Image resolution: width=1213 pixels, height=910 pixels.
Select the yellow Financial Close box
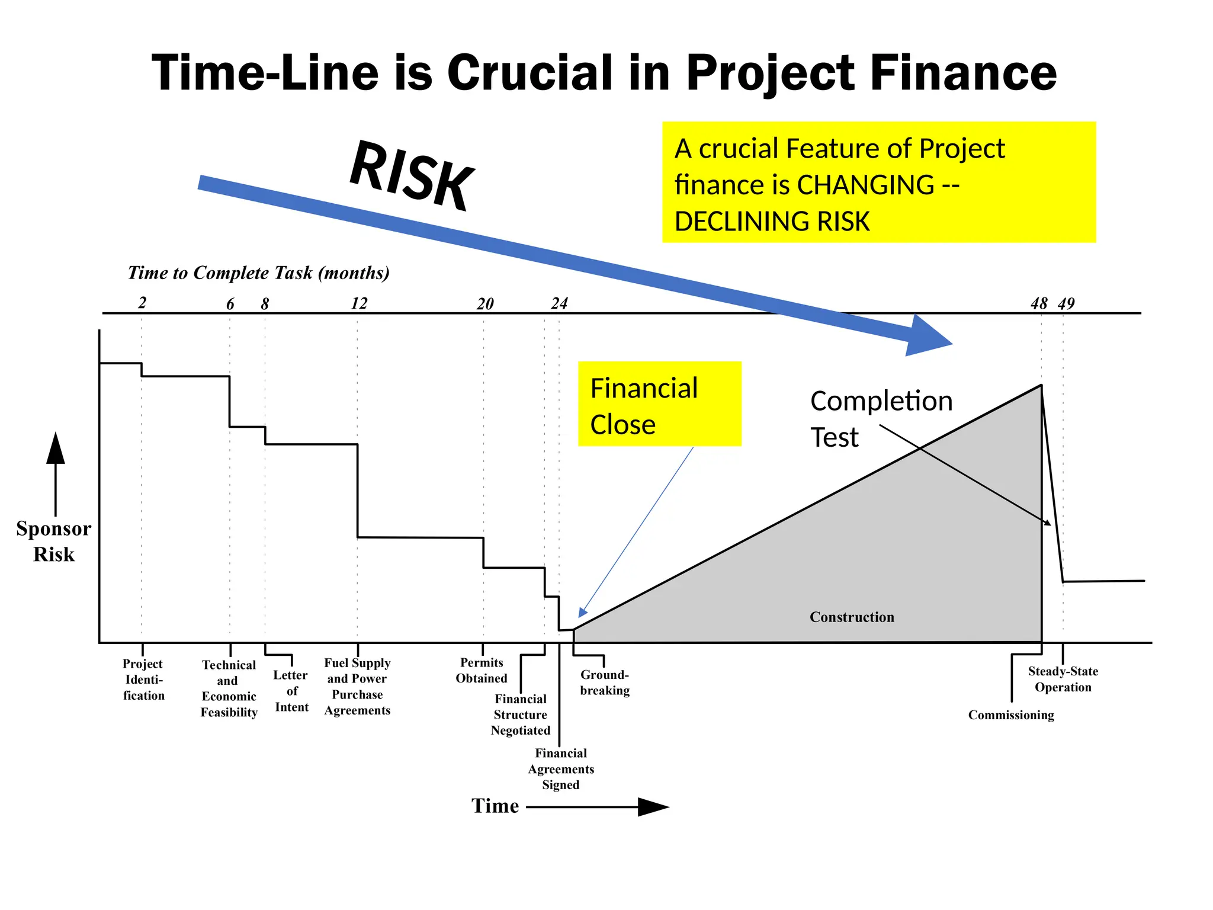click(659, 404)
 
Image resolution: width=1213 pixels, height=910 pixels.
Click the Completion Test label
click(880, 418)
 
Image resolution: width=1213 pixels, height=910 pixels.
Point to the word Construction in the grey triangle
click(852, 617)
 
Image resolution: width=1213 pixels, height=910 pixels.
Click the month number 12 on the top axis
click(359, 304)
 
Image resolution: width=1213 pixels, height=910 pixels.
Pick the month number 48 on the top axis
click(1039, 304)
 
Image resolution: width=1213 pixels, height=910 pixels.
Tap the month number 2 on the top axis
click(142, 303)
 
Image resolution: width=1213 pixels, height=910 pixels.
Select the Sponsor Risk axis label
click(54, 541)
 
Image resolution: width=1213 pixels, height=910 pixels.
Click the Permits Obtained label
click(482, 671)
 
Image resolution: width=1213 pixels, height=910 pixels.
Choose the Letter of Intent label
click(291, 691)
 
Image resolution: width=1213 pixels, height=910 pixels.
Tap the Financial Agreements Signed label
click(561, 769)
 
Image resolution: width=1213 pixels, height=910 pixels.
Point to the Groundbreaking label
click(605, 682)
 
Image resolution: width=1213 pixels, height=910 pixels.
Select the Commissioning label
click(1011, 715)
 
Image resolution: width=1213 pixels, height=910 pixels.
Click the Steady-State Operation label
click(1063, 680)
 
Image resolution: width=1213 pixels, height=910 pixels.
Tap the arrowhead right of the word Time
click(653, 807)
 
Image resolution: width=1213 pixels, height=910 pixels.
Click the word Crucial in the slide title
click(530, 73)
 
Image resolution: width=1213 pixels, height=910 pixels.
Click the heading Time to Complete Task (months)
click(259, 273)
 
